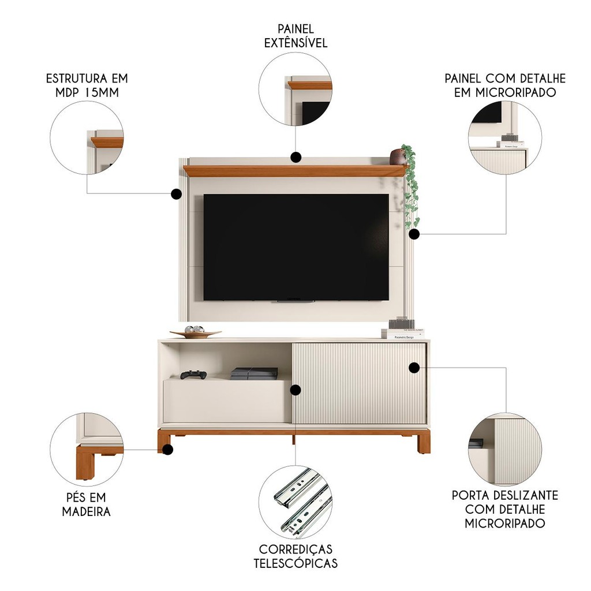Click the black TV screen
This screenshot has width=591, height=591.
point(296,247)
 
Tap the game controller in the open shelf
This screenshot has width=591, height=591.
point(193,375)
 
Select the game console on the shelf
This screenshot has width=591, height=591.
point(254,373)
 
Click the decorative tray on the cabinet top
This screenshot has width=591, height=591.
point(195,332)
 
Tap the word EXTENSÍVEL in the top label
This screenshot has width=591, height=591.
point(295,43)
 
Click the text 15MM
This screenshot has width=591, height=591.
point(102,93)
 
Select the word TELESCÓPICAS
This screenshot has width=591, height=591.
point(295,563)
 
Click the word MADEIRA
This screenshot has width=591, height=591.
point(87,511)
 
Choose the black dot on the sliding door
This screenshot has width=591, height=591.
point(414,368)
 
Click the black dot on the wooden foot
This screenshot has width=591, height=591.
point(168,449)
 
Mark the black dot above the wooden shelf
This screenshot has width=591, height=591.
point(296,157)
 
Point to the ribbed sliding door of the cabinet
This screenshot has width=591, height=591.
point(359,383)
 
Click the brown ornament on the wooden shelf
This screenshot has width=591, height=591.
point(398,156)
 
